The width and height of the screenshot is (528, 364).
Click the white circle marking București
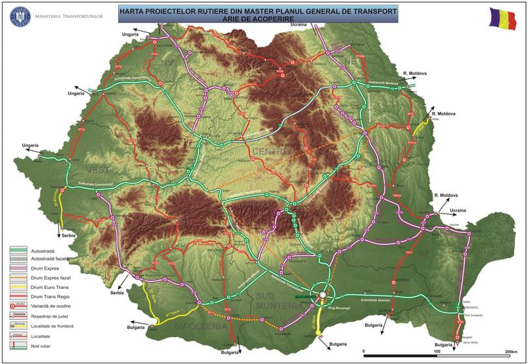322,295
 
